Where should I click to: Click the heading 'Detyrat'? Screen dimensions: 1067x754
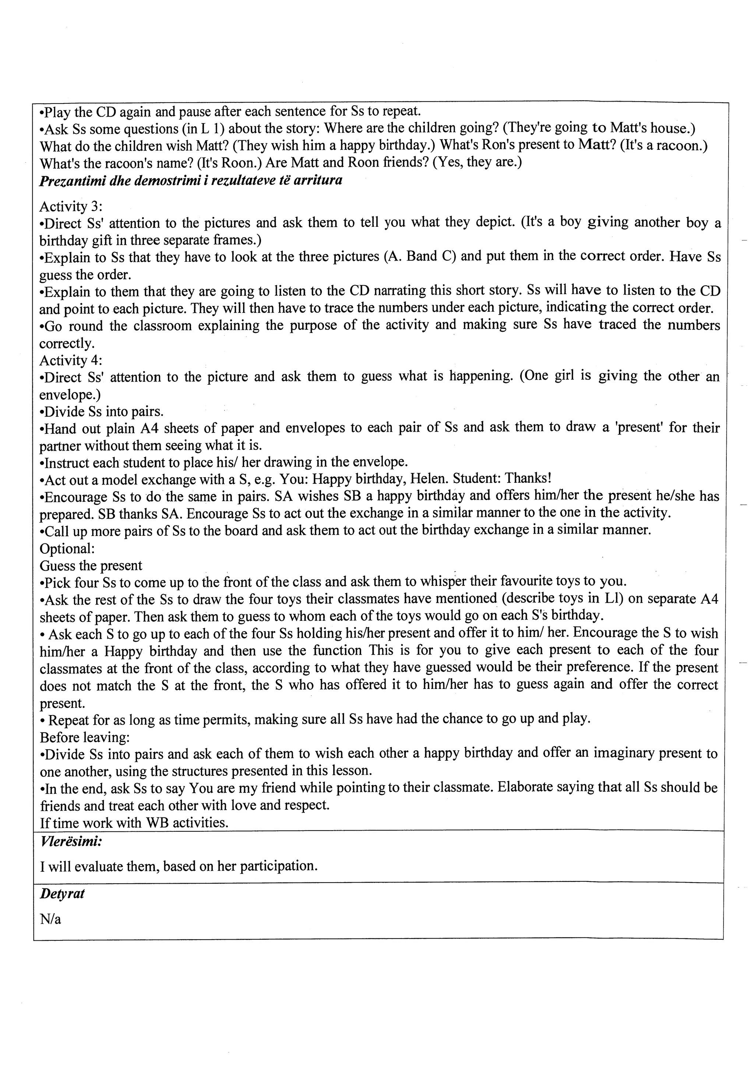click(62, 894)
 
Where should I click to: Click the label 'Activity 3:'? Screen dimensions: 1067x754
click(71, 206)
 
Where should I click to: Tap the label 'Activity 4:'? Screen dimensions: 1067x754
click(71, 360)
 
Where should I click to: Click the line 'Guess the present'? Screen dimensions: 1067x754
click(91, 566)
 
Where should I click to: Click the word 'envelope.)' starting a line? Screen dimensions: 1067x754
click(70, 395)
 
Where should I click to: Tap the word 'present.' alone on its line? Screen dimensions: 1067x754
click(62, 702)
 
